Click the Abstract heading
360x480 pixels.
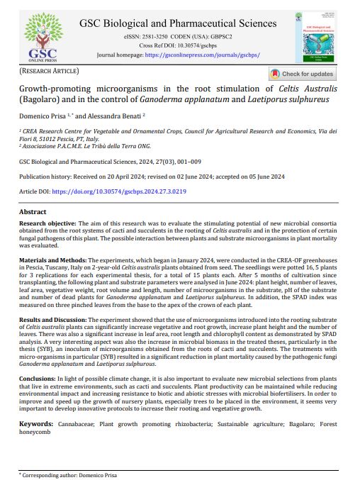click(33, 212)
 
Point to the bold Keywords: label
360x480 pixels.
click(37, 423)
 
